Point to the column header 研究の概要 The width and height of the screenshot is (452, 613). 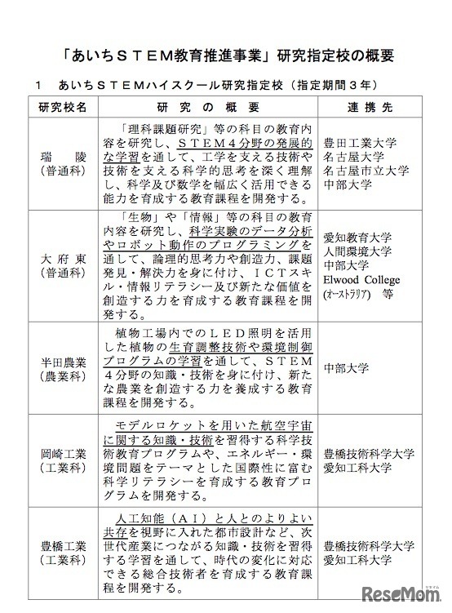coord(208,108)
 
